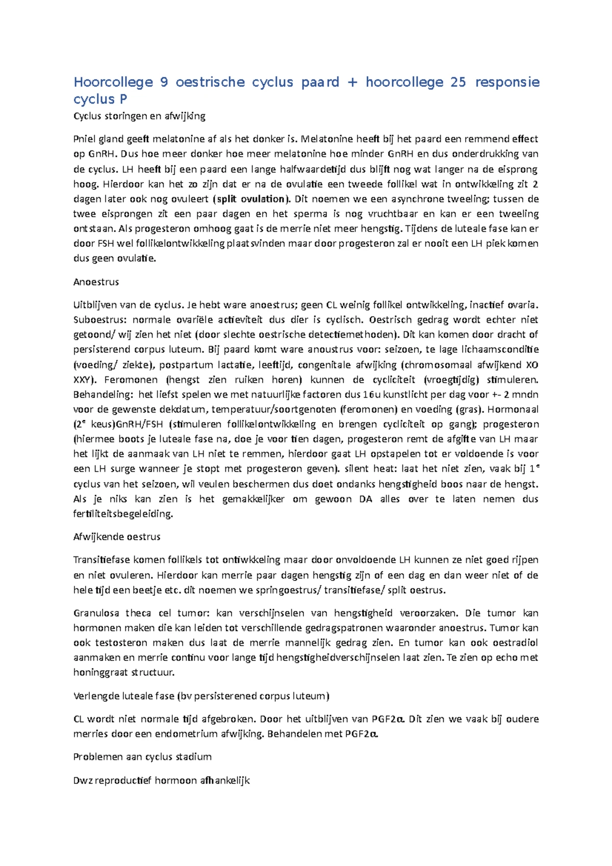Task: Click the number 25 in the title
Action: click(458, 82)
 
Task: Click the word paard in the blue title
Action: click(320, 82)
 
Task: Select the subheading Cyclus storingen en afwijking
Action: click(139, 116)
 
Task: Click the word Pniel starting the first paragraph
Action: click(84, 139)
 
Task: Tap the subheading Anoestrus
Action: click(96, 282)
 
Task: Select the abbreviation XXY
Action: click(82, 379)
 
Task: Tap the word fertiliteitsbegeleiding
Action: click(123, 514)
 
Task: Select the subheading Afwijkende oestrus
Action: click(117, 537)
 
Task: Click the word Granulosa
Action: click(95, 613)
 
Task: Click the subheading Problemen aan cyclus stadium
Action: click(142, 756)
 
